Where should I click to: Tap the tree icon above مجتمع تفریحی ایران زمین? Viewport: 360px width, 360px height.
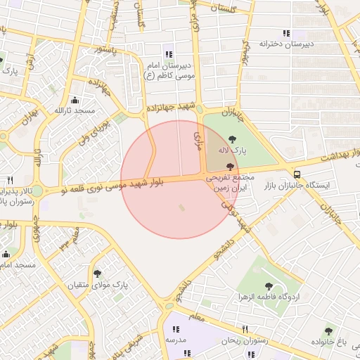click(230, 166)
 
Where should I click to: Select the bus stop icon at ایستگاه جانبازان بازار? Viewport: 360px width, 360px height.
click(297, 174)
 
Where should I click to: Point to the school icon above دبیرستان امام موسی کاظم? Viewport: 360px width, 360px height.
click(168, 54)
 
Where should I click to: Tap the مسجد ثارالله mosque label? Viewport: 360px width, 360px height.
click(78, 111)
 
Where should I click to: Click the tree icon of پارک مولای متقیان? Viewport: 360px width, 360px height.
click(96, 274)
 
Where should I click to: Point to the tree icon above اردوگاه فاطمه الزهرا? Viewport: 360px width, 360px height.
click(268, 285)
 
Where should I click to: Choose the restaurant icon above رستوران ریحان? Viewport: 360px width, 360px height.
click(245, 329)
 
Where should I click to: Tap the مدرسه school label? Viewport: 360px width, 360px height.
click(175, 340)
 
